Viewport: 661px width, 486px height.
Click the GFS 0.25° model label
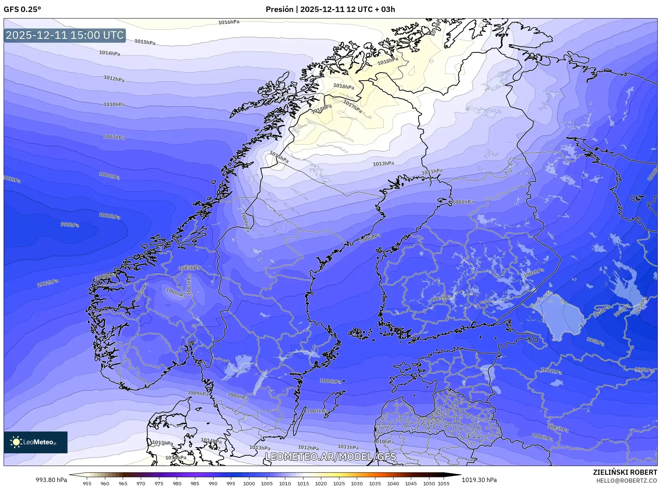pos(22,9)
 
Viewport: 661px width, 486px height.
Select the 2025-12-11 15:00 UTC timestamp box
pos(65,35)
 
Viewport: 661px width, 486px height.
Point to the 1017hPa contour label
pos(352,106)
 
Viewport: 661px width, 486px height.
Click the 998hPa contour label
pos(595,341)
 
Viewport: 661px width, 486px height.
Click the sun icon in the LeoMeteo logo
pos(16,442)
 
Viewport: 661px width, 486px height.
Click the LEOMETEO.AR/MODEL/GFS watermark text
pos(330,457)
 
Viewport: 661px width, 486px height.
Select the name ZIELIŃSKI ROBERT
pos(625,472)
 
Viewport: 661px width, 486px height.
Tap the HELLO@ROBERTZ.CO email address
pos(626,481)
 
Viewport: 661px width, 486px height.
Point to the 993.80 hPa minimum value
pos(51,480)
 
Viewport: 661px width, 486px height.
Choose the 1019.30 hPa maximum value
pos(479,480)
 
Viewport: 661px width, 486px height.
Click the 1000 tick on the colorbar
pos(249,483)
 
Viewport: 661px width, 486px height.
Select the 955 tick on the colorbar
pos(87,483)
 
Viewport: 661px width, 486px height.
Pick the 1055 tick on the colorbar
pos(443,483)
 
